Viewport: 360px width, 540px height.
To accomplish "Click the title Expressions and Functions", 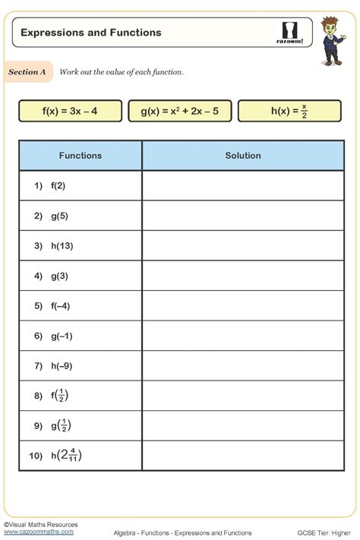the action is [91, 33].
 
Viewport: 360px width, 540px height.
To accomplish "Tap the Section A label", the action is [28, 72].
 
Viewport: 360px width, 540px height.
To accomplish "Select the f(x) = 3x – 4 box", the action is [70, 112].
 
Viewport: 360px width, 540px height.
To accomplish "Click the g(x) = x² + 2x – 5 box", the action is [180, 112].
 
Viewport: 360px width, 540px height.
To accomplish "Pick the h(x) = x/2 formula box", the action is [289, 112].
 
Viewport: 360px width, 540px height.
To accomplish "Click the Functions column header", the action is [81, 156].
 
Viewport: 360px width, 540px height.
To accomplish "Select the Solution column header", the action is [243, 156].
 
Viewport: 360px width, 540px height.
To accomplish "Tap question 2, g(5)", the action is [60, 216].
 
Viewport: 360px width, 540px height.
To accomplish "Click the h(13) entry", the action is [62, 246].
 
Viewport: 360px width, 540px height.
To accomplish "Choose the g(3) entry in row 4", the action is [60, 276].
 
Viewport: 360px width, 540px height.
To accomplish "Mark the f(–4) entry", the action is [62, 306].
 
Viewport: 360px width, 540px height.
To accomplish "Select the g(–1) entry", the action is [62, 336].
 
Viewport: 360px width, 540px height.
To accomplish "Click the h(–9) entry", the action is [62, 366].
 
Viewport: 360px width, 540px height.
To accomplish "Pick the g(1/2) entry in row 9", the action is [62, 425].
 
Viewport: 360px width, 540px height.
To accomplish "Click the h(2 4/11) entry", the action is [66, 456].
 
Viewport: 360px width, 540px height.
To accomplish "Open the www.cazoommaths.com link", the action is [33, 532].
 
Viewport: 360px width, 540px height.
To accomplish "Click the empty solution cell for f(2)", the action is [243, 185].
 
